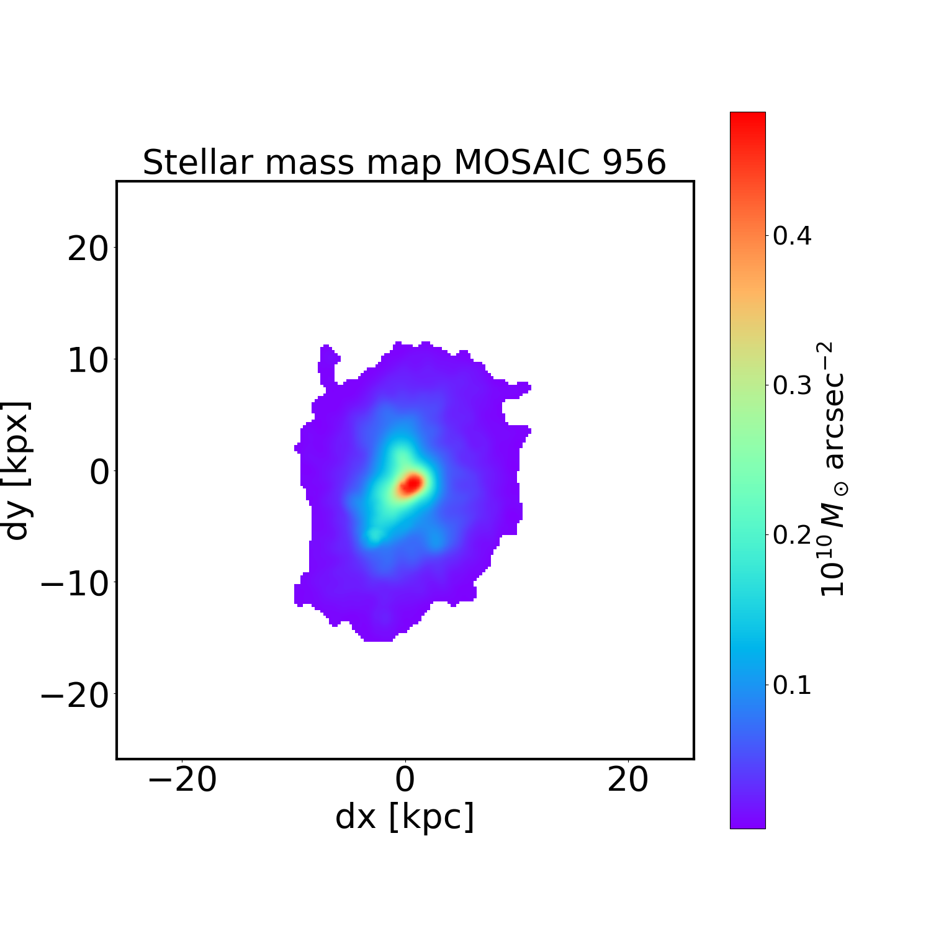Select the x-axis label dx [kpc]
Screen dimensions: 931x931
(x=405, y=817)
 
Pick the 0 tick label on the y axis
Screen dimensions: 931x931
(x=100, y=472)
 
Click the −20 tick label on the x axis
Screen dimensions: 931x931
(x=182, y=780)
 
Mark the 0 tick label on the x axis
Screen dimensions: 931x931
(x=405, y=780)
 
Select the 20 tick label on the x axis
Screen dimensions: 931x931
(x=628, y=780)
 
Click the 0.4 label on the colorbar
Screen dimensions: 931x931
(x=792, y=236)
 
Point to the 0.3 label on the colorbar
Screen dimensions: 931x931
(x=792, y=385)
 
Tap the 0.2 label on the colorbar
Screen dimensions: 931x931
(x=792, y=535)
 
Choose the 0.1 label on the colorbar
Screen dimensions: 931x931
(x=792, y=685)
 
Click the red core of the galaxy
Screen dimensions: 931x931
(x=411, y=483)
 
